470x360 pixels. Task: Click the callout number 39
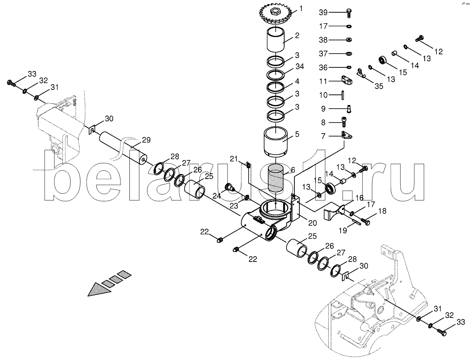coord(323,12)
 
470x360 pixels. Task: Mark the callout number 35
coord(379,86)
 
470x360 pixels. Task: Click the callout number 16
coord(359,198)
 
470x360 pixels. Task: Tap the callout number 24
coord(216,195)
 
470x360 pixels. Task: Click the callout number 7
coord(323,135)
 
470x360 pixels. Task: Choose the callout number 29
coord(146,140)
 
